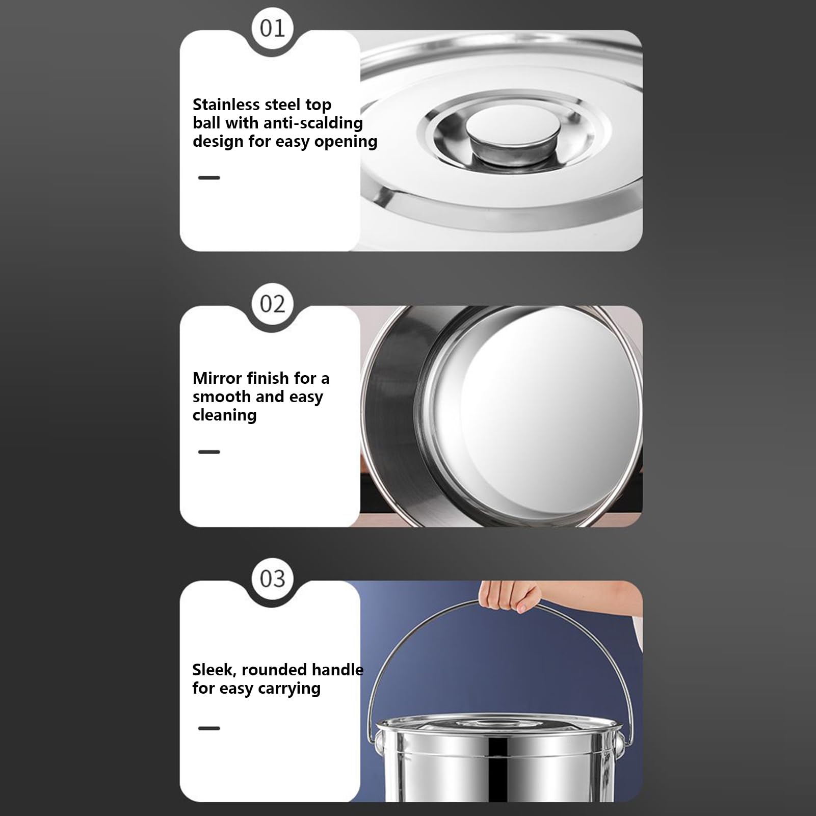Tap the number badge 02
click(272, 304)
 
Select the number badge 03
click(272, 578)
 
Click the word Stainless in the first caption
click(226, 104)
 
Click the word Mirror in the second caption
click(217, 378)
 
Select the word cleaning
click(224, 415)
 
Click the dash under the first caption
click(209, 178)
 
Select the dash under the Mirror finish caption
click(209, 452)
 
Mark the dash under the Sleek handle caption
click(209, 728)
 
